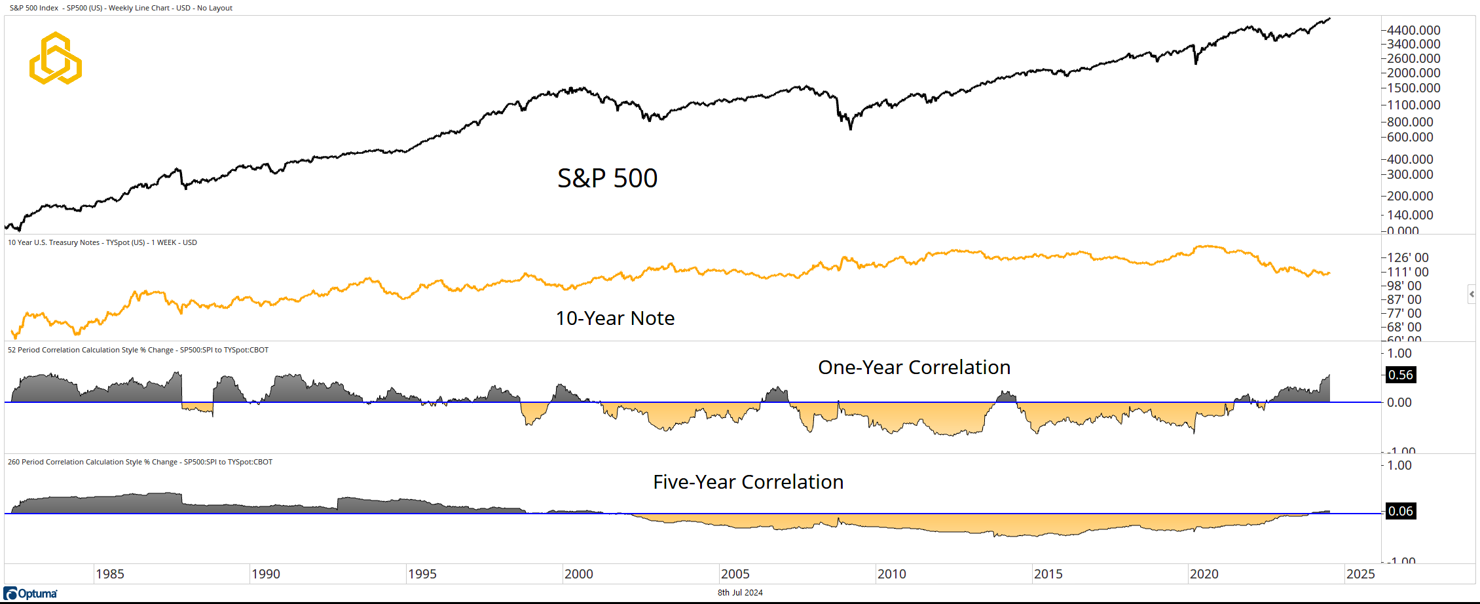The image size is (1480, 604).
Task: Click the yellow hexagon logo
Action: tap(56, 58)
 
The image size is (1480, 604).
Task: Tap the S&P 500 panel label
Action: tap(607, 178)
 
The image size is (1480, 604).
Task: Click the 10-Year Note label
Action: tap(615, 318)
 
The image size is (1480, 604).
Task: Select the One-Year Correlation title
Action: tap(914, 368)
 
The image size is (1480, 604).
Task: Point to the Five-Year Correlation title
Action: tap(748, 482)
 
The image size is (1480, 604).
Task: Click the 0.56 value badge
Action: tap(1401, 375)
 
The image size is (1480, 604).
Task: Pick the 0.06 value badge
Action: tap(1401, 512)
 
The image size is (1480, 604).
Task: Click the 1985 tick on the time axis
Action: tap(109, 575)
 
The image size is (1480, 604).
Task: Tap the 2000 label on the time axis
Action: tap(578, 575)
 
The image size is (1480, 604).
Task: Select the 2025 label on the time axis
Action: tap(1360, 575)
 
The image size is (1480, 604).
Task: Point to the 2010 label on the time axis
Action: tap(891, 575)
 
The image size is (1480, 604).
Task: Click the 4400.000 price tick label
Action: tap(1413, 30)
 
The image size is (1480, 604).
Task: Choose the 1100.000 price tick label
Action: tap(1413, 105)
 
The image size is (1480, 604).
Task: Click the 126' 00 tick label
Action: tap(1408, 257)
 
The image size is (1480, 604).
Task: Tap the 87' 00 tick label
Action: tap(1404, 299)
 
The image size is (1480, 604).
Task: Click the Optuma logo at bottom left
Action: tap(31, 594)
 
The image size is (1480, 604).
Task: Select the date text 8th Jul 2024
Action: tap(740, 593)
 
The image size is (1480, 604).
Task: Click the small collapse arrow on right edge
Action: tap(1471, 294)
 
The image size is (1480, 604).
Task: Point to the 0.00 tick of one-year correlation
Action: tap(1399, 403)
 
